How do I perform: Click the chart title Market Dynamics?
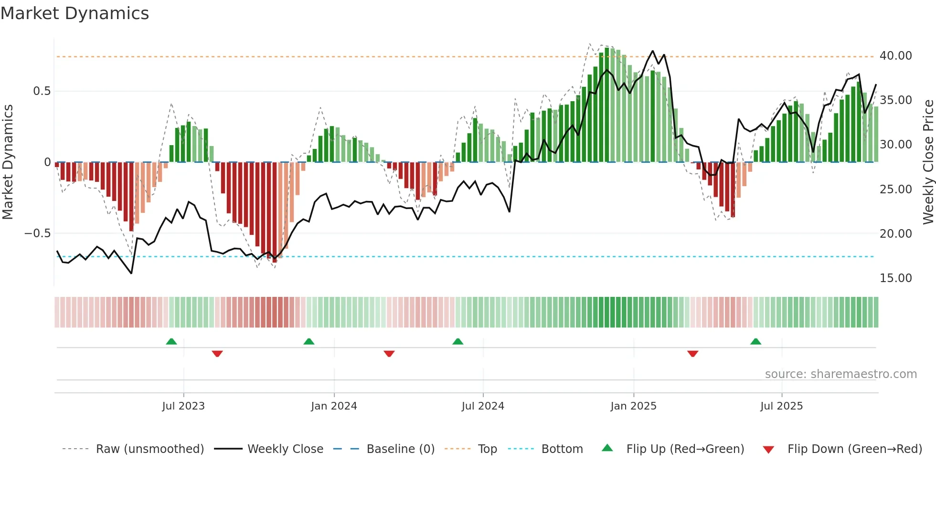click(x=75, y=13)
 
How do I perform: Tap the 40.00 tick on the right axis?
click(x=895, y=56)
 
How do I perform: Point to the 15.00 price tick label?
click(x=895, y=278)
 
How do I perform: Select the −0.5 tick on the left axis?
click(x=37, y=233)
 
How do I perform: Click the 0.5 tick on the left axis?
click(x=42, y=91)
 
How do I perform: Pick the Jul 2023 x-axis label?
click(x=183, y=406)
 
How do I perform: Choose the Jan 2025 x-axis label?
click(x=633, y=406)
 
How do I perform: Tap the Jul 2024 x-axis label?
click(x=483, y=406)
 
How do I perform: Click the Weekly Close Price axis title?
click(x=928, y=162)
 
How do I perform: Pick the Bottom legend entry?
click(x=562, y=449)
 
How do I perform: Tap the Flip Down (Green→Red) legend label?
click(x=854, y=449)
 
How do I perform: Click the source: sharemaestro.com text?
click(x=840, y=374)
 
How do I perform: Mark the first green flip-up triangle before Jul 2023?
click(x=171, y=341)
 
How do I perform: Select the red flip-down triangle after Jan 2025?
click(x=692, y=354)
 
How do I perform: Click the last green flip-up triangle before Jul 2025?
click(x=755, y=341)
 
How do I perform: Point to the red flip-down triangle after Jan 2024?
click(x=389, y=354)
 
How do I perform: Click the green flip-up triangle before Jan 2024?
click(x=309, y=341)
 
